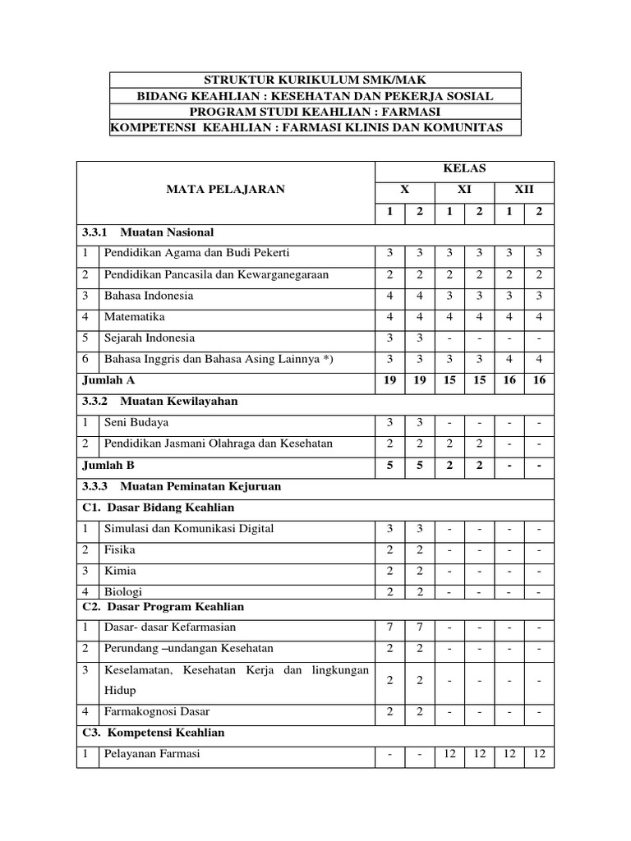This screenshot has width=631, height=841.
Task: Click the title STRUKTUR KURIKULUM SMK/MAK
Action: [315, 80]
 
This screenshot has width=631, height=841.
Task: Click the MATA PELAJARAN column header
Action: [226, 189]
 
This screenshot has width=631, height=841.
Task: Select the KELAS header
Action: [464, 168]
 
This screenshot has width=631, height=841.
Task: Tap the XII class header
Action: [523, 189]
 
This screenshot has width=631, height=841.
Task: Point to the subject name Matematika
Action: [135, 316]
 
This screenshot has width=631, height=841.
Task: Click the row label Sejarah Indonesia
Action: [149, 338]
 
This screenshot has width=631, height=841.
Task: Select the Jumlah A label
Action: [108, 380]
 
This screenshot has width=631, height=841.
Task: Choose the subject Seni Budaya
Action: [136, 422]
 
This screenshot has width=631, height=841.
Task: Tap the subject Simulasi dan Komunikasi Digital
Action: [189, 528]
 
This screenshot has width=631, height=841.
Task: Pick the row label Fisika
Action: [120, 549]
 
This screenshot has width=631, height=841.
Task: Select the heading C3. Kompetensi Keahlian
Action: [154, 733]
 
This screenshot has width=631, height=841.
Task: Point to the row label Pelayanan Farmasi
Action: [152, 754]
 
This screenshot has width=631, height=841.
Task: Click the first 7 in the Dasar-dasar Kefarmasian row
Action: [389, 627]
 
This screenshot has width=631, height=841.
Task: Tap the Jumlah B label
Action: [108, 465]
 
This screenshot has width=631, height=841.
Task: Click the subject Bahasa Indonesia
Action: [149, 296]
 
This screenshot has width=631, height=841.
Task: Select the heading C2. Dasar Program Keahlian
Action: [164, 607]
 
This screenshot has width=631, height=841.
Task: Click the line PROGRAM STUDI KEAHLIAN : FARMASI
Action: [315, 113]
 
